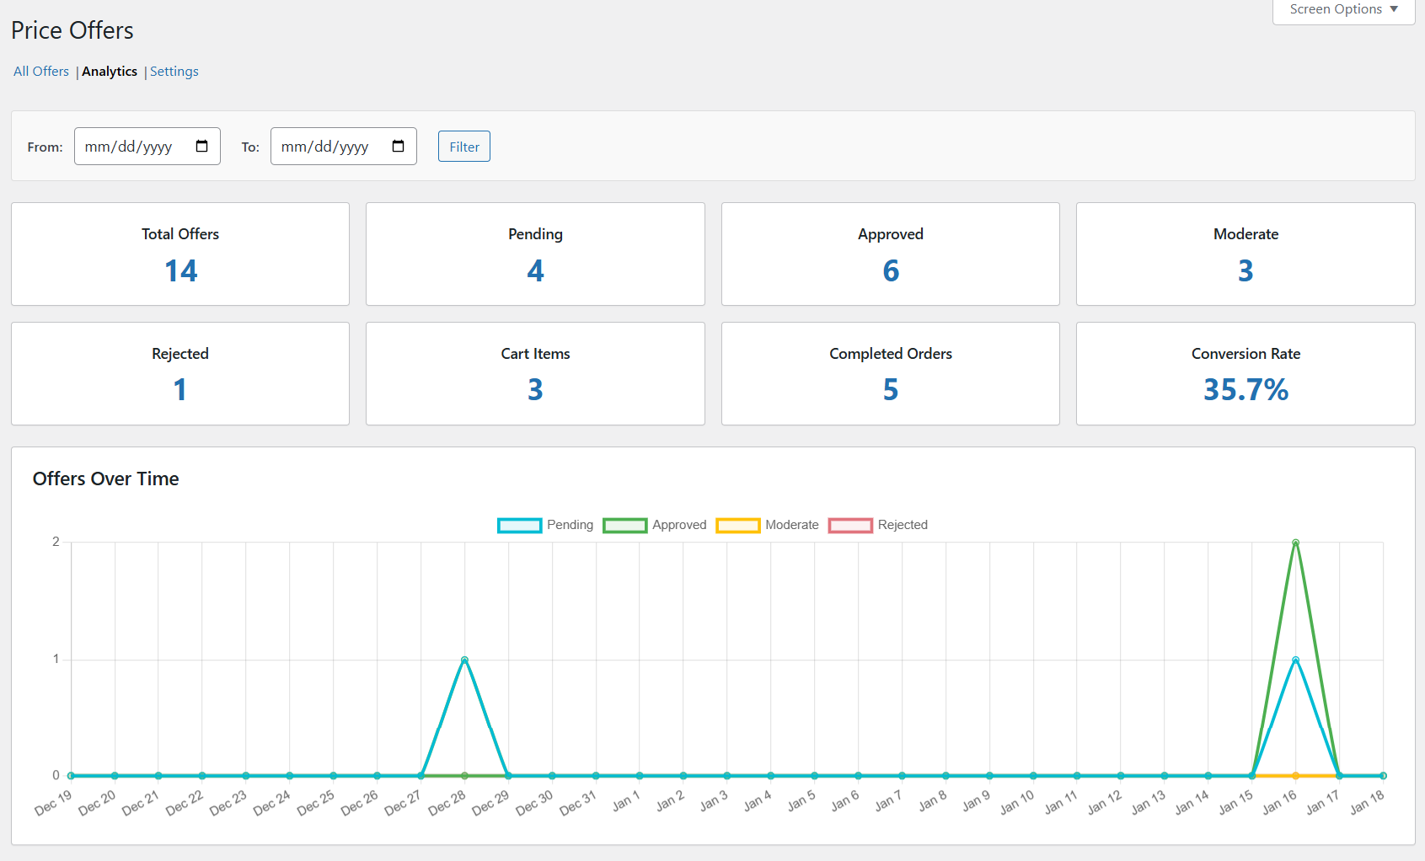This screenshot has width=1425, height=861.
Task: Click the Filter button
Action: pyautogui.click(x=463, y=147)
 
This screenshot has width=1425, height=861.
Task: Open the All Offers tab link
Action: pyautogui.click(x=41, y=72)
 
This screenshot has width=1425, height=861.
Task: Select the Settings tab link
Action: pyautogui.click(x=174, y=72)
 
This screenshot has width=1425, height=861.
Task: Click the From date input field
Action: pyautogui.click(x=147, y=147)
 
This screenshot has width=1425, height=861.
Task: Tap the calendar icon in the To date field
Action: pyautogui.click(x=399, y=147)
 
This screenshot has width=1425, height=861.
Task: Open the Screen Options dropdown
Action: pyautogui.click(x=1343, y=9)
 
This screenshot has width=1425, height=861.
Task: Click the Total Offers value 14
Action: pyautogui.click(x=180, y=270)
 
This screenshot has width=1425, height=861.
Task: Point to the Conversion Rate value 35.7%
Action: pyautogui.click(x=1246, y=389)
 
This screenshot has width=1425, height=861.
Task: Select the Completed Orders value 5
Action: pyautogui.click(x=891, y=389)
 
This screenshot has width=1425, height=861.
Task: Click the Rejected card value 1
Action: pyautogui.click(x=180, y=389)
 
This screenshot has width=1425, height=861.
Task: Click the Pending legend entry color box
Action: pyautogui.click(x=519, y=525)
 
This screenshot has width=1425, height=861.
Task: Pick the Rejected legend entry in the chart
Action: pyautogui.click(x=878, y=525)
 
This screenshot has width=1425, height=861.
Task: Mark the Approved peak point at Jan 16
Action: pyautogui.click(x=1295, y=543)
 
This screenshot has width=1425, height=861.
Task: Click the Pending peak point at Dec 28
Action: pyautogui.click(x=464, y=660)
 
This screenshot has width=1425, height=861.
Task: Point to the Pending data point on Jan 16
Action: pyautogui.click(x=1295, y=660)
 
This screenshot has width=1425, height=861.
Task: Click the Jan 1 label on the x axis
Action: pyautogui.click(x=627, y=802)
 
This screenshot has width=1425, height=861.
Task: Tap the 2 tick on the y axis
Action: pyautogui.click(x=56, y=542)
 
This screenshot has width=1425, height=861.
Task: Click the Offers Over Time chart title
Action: pyautogui.click(x=105, y=479)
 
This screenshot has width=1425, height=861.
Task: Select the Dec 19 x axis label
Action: pyautogui.click(x=53, y=804)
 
